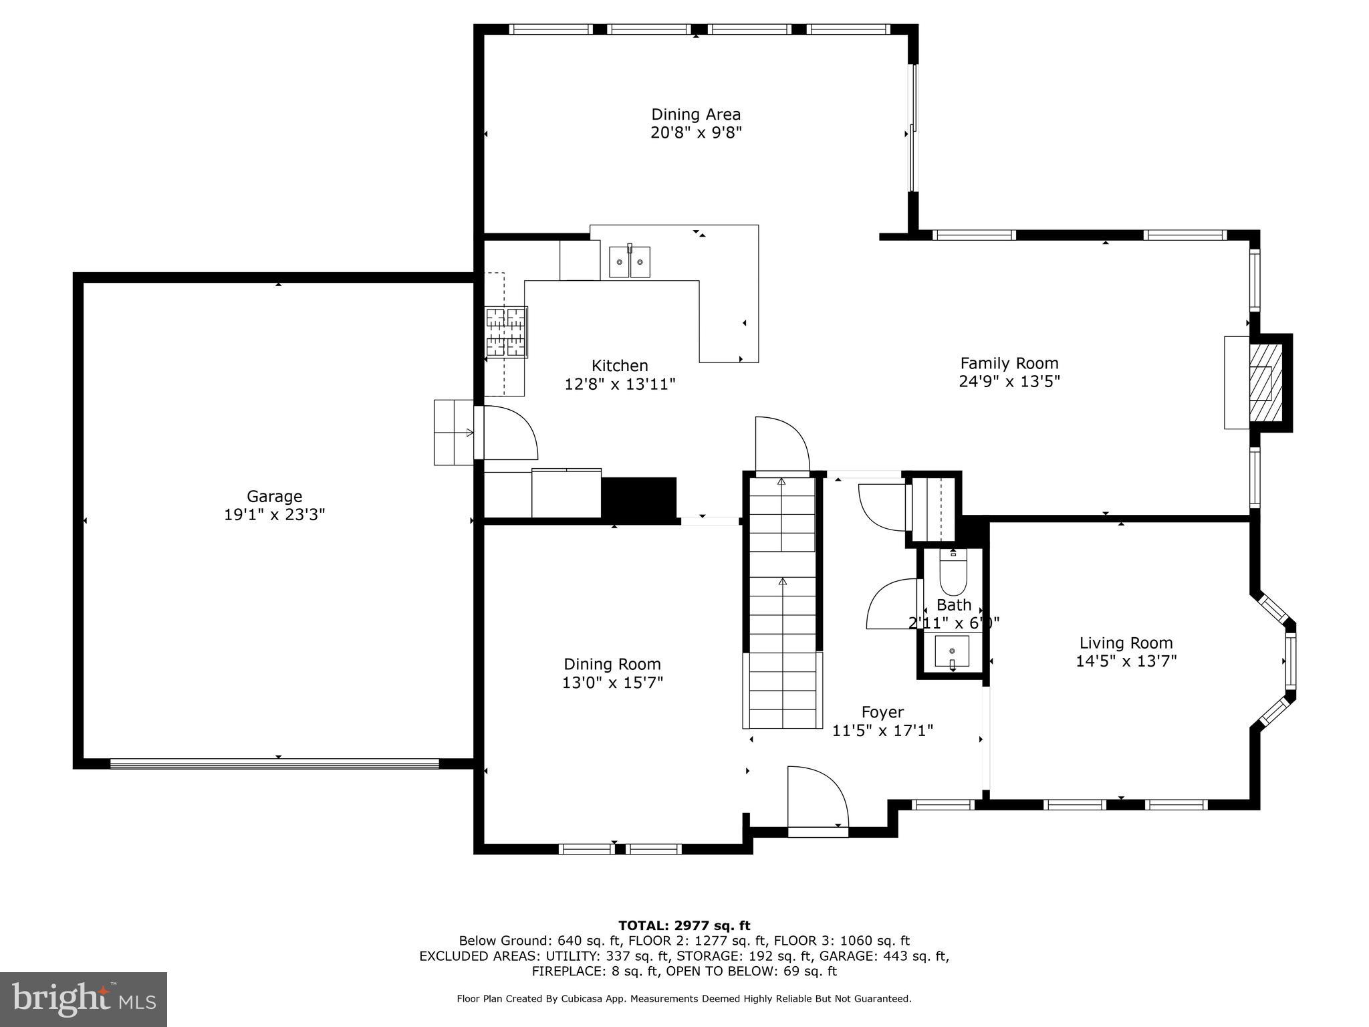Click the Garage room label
[x=274, y=496]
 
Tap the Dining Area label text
[x=696, y=114]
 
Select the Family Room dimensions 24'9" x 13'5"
[x=1009, y=381]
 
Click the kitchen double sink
[x=630, y=261]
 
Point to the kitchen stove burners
[x=506, y=332]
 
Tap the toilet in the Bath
[x=953, y=572]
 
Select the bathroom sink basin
[x=952, y=651]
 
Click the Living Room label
[x=1126, y=643]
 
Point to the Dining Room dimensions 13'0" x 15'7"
[x=613, y=683]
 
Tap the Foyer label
[x=882, y=712]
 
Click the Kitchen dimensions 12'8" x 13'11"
[x=620, y=384]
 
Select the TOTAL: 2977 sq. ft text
[x=684, y=926]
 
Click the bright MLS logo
[x=84, y=999]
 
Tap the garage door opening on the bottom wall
[x=275, y=764]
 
